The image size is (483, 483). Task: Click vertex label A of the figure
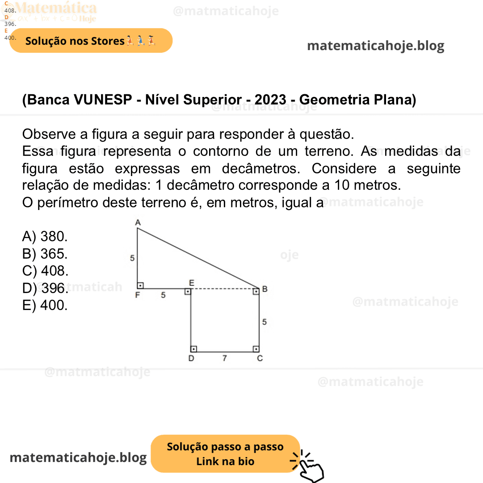click(x=137, y=223)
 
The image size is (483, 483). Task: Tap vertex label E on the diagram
click(x=191, y=282)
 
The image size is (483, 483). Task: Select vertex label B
click(x=265, y=289)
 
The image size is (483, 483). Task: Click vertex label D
click(x=191, y=358)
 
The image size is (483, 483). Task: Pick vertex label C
click(x=260, y=358)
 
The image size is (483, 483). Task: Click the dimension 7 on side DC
click(x=225, y=358)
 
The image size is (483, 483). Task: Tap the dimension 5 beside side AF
click(x=132, y=258)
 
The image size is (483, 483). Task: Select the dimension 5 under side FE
click(x=163, y=295)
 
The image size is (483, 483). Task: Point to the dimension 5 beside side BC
click(x=265, y=321)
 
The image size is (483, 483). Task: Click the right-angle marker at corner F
click(x=140, y=285)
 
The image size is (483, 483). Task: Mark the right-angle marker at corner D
click(x=194, y=349)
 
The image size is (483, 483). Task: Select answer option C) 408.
click(x=45, y=271)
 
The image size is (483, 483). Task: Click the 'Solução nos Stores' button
click(x=91, y=41)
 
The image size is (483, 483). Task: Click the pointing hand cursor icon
click(x=309, y=467)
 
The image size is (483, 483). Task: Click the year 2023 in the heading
click(x=270, y=100)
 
